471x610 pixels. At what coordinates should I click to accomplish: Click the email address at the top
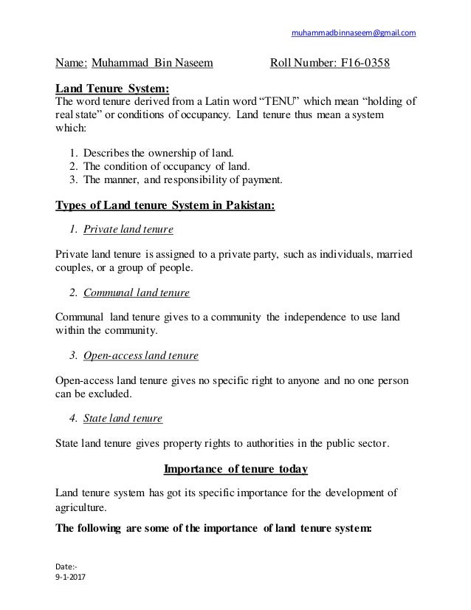click(x=354, y=32)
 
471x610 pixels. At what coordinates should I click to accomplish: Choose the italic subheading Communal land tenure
click(x=137, y=292)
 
